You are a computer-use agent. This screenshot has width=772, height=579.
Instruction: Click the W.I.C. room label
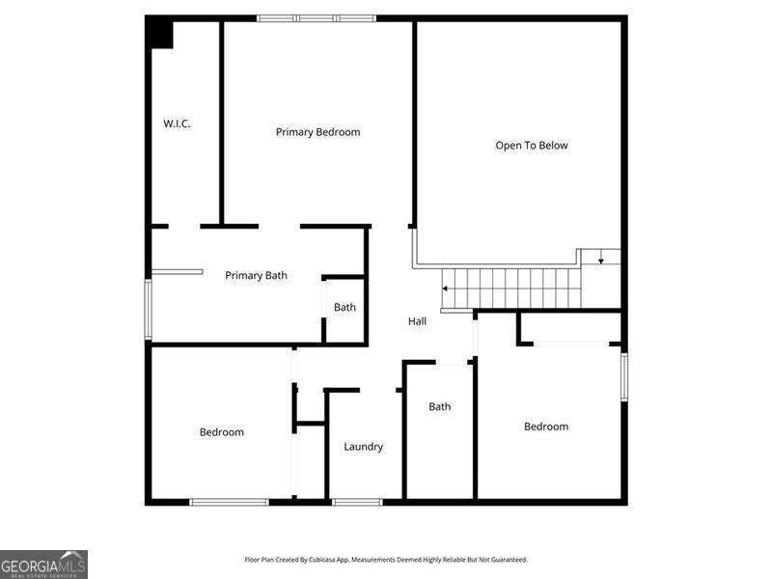pyautogui.click(x=177, y=124)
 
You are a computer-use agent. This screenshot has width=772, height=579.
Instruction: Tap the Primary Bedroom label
pyautogui.click(x=317, y=132)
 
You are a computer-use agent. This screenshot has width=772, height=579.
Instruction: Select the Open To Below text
pyautogui.click(x=532, y=146)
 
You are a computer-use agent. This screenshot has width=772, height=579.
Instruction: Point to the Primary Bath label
pyautogui.click(x=256, y=275)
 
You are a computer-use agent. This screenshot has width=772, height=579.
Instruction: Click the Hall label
pyautogui.click(x=417, y=321)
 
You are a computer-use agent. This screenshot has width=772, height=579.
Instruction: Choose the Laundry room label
pyautogui.click(x=364, y=447)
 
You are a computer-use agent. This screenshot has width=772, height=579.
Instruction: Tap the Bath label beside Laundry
pyautogui.click(x=440, y=406)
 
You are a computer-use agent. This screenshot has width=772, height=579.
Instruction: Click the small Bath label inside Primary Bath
pyautogui.click(x=345, y=307)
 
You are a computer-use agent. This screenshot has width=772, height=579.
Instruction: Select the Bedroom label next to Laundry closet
pyautogui.click(x=222, y=431)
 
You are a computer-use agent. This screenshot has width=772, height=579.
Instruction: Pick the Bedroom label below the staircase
pyautogui.click(x=546, y=427)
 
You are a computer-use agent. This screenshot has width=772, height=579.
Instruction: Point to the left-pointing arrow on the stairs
pyautogui.click(x=445, y=289)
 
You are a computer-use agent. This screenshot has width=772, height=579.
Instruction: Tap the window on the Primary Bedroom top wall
pyautogui.click(x=317, y=18)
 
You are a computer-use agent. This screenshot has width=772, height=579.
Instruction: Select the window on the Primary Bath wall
pyautogui.click(x=149, y=309)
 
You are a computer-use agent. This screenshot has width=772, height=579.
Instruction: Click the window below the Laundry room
pyautogui.click(x=357, y=502)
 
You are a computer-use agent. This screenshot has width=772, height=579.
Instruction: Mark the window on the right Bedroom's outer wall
pyautogui.click(x=624, y=376)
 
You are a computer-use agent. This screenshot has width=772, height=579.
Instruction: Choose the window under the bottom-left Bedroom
pyautogui.click(x=229, y=502)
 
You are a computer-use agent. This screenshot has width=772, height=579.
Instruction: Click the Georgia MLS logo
pyautogui.click(x=43, y=565)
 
